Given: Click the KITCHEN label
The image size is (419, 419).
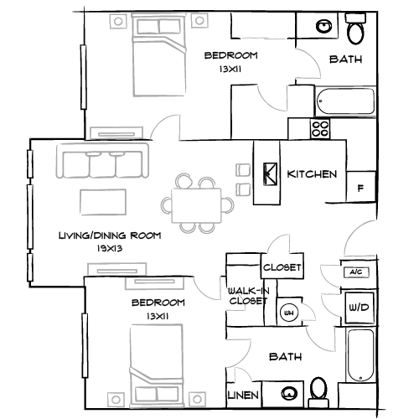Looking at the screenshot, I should tap(312, 174).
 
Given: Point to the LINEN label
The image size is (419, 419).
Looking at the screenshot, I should tap(242, 395).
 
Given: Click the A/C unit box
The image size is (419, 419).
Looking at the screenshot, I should tap(354, 272).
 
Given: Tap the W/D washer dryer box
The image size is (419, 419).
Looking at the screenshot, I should tap(358, 308).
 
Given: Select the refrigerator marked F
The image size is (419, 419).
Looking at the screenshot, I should tap(360, 187).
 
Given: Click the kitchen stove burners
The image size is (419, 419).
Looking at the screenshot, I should tap(320, 130).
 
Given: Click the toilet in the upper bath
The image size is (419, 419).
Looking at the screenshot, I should tap(355, 33).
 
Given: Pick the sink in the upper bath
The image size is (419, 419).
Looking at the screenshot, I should tap(323, 28).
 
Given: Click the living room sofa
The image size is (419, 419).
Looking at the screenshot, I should tap(101, 161).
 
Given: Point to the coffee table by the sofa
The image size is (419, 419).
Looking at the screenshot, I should tap(102, 202).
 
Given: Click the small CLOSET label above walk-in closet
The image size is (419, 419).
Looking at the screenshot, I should tap(282, 267).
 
